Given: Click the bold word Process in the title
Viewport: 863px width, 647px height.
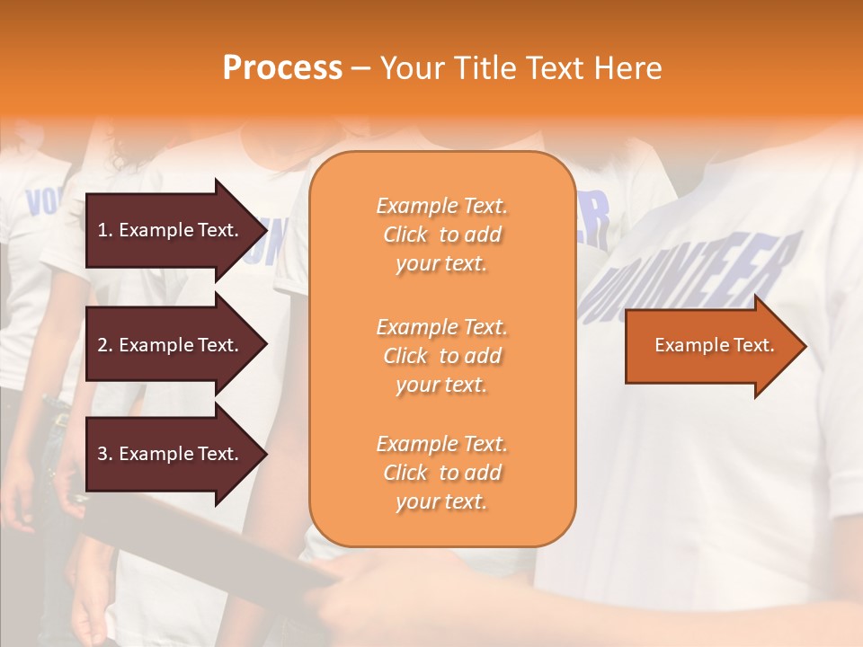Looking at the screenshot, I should [x=282, y=68].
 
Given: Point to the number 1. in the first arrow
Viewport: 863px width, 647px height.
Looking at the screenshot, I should [x=105, y=230].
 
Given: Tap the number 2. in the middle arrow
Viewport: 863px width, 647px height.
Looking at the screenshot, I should [x=105, y=345].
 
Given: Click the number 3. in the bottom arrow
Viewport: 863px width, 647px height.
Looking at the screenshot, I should [x=105, y=454].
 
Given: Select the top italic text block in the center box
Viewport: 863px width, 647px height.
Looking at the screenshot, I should [x=441, y=235].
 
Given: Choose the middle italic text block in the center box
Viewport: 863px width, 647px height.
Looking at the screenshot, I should [x=441, y=356].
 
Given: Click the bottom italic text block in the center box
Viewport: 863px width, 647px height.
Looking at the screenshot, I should [x=441, y=473].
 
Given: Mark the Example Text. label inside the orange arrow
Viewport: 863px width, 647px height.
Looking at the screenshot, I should [x=715, y=345].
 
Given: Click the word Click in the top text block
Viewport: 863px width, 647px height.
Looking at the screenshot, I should [x=405, y=235].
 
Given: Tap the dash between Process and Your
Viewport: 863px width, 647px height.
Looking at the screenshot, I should [x=361, y=68].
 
